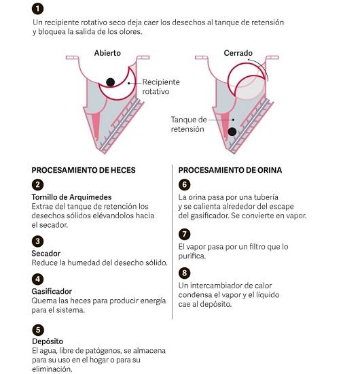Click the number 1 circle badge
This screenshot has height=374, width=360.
37,9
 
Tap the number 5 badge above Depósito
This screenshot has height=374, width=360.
38,330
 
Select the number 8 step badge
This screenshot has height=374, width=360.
184,273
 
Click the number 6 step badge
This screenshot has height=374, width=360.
184,184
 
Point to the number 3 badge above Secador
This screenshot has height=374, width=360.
37,241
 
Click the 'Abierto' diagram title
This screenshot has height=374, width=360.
107,53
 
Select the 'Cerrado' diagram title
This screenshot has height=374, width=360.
238,53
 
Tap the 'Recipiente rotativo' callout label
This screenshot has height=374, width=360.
161,86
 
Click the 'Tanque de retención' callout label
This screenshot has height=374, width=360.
189,124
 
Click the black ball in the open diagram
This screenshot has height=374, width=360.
110,82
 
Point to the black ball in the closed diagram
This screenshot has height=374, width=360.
232,132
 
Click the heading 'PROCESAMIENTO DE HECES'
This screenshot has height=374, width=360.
84,170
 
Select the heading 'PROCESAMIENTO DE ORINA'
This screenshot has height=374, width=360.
230,170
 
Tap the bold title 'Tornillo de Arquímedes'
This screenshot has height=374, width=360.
71,197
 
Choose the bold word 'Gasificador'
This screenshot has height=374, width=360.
52,292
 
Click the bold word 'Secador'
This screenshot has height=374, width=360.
46,254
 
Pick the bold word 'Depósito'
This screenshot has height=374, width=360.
48,341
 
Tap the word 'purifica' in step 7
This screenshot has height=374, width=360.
192,256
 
